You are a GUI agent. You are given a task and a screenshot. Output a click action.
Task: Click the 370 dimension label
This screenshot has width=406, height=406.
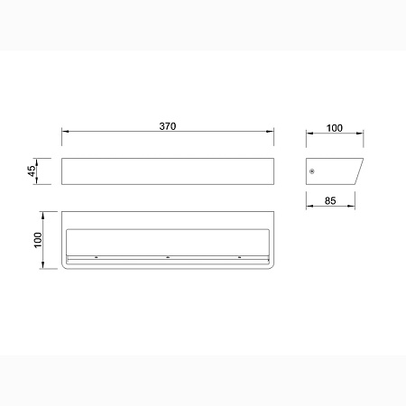[x=168, y=126]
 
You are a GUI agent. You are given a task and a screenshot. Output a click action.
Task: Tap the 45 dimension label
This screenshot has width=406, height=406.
[x=32, y=171]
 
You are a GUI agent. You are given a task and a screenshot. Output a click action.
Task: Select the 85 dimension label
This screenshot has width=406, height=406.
[x=330, y=200]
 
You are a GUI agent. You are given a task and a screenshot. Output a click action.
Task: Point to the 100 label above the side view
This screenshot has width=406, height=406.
[x=335, y=128]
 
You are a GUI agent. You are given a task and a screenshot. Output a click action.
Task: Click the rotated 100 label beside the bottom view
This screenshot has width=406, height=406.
[x=38, y=240]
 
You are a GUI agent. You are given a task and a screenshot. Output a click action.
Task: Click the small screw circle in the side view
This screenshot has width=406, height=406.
[x=312, y=171]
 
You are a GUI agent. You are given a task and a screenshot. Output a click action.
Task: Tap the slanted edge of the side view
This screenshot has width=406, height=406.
[x=359, y=171]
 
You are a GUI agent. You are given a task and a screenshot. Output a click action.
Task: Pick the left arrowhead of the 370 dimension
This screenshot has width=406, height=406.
[x=66, y=132]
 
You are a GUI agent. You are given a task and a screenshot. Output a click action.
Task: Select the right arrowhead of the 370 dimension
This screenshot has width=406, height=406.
[x=270, y=132]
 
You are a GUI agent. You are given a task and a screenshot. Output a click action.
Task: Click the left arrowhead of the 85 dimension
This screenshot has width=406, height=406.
[x=309, y=206]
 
